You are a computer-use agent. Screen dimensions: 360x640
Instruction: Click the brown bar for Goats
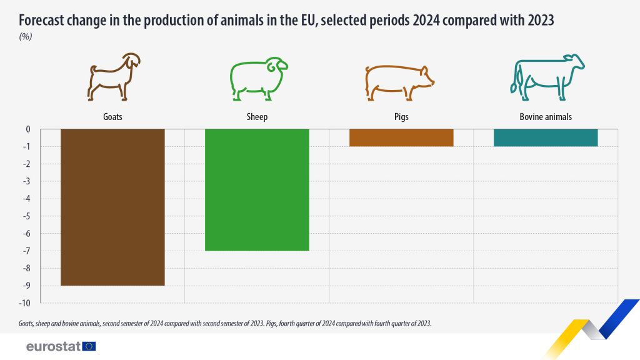pos(112,207)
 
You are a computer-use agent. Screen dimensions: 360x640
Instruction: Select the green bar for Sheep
pos(257,189)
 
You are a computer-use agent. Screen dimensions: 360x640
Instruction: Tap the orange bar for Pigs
pos(401,137)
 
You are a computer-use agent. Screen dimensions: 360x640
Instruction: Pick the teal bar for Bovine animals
pos(546,137)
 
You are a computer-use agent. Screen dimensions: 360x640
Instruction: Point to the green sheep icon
pos(257,79)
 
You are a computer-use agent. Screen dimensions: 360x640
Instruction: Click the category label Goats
pos(112,117)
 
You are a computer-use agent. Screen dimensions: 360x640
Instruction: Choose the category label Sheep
pos(257,117)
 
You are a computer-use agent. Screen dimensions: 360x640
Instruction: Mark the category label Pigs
pos(401,117)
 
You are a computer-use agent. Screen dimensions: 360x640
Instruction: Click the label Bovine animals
pos(546,117)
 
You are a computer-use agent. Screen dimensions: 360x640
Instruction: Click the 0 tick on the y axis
pos(28,129)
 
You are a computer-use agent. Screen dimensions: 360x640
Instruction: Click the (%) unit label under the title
pos(26,36)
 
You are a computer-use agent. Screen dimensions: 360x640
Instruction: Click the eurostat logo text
pos(53,346)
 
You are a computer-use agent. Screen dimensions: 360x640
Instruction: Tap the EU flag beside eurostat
pos(89,346)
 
